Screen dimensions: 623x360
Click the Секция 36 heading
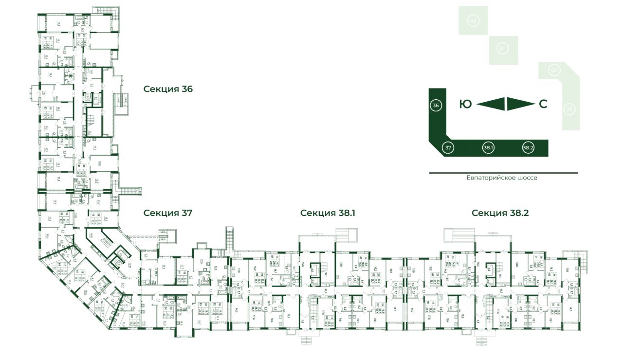(168, 89)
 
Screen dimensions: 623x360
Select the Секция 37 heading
(168, 213)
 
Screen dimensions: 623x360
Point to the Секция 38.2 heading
(500, 213)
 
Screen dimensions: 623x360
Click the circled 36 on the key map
(436, 105)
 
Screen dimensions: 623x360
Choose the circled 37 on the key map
(449, 147)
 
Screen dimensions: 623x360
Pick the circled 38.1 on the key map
(488, 147)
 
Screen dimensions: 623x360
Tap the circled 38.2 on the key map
(528, 147)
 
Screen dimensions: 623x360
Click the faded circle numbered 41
(503, 49)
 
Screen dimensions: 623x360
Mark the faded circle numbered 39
(569, 109)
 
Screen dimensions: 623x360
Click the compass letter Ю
(466, 104)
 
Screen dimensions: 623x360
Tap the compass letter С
(543, 104)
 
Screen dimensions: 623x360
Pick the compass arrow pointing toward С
(520, 104)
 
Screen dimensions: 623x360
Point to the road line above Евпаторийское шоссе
(503, 173)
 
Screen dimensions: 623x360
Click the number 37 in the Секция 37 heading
(186, 213)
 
